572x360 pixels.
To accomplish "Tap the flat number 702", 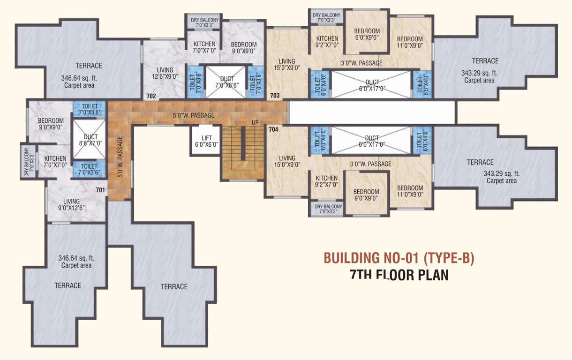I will click(151, 96).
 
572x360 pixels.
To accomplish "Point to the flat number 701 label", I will click(100, 190).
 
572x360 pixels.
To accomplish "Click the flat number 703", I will click(275, 96).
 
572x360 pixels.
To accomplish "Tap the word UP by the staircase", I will click(255, 123).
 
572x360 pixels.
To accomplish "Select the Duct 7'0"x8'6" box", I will click(226, 82).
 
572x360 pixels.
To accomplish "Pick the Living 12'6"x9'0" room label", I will click(165, 74).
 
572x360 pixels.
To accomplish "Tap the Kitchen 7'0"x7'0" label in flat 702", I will click(204, 47).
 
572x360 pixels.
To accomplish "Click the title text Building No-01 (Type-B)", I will click(399, 258).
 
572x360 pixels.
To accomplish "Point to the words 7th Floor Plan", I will click(399, 275).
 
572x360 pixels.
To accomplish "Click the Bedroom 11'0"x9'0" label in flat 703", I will click(409, 42).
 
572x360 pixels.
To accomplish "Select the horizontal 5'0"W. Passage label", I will click(193, 115).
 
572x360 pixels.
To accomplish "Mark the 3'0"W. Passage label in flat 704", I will click(370, 164).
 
